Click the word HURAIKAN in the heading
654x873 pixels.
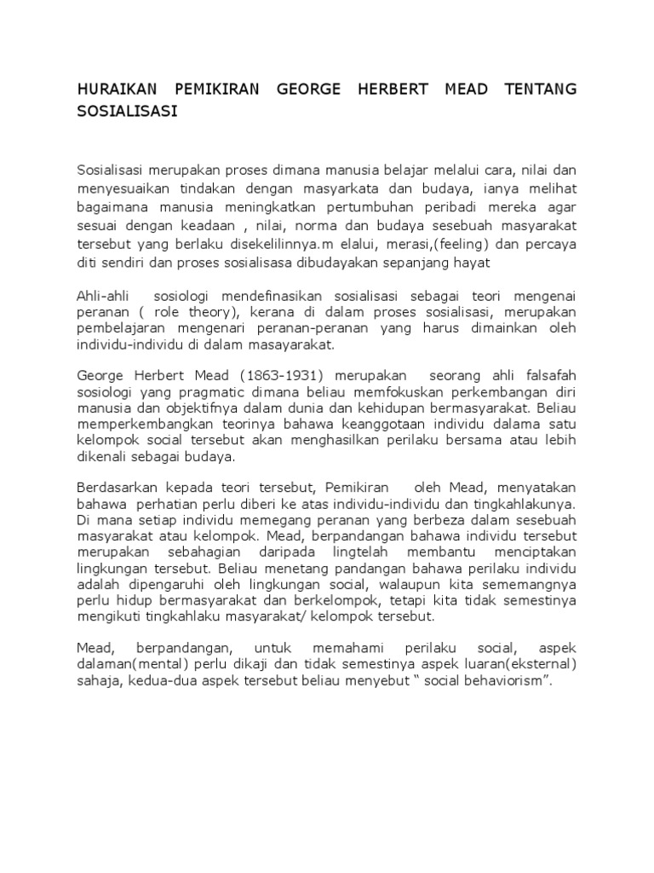pos(118,90)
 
